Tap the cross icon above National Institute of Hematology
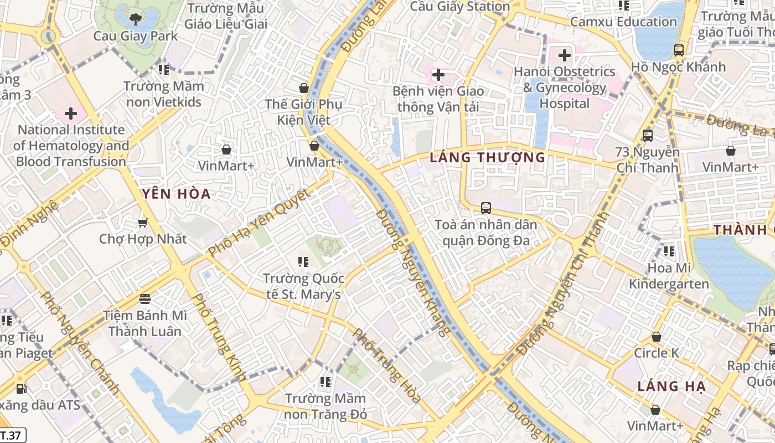pyautogui.click(x=71, y=114)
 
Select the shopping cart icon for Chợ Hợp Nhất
pyautogui.click(x=143, y=223)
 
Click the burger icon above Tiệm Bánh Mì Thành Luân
pyautogui.click(x=145, y=300)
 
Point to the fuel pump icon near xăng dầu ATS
pyautogui.click(x=21, y=389)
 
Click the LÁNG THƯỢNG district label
pyautogui.click(x=488, y=158)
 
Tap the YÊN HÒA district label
pyautogui.click(x=176, y=194)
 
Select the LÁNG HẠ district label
pyautogui.click(x=671, y=387)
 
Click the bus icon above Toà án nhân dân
pyautogui.click(x=485, y=208)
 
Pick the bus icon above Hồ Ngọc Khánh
pyautogui.click(x=679, y=50)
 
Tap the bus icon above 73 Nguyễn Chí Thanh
pyautogui.click(x=647, y=135)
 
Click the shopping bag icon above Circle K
pyautogui.click(x=656, y=337)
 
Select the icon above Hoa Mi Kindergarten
pyautogui.click(x=669, y=251)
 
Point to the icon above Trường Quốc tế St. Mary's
pyautogui.click(x=303, y=261)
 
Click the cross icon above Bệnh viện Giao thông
pyautogui.click(x=438, y=75)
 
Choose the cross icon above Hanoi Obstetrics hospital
pyautogui.click(x=565, y=55)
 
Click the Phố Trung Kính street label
pyautogui.click(x=219, y=337)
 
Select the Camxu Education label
pyautogui.click(x=623, y=22)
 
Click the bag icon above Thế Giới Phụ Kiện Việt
pyautogui.click(x=303, y=88)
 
